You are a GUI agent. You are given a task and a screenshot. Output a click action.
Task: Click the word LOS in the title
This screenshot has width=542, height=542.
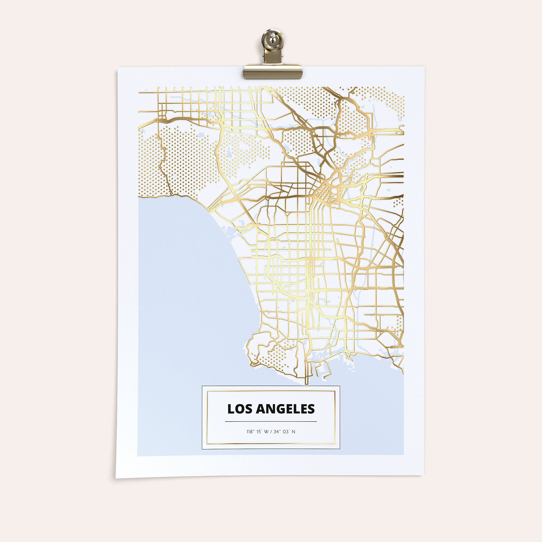coord(237,409)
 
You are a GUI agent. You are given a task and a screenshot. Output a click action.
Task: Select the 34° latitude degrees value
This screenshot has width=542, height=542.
coord(277,432)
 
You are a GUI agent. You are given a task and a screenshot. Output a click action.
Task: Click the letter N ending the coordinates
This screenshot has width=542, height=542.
coord(293,432)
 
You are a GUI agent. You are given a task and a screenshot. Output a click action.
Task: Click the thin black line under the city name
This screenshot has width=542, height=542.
coord(271,421)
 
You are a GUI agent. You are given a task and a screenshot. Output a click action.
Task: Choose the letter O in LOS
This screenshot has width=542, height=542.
coord(238,409)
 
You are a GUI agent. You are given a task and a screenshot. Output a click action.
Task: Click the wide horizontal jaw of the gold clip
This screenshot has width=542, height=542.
coord(273,71)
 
